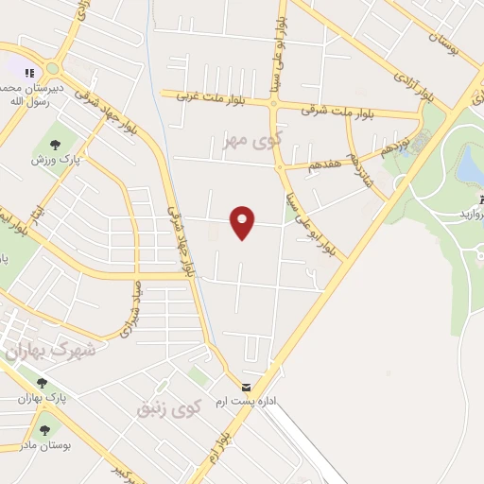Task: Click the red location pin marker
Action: (243, 220)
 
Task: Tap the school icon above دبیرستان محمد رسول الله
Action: (29, 72)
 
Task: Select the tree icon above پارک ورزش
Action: (52, 145)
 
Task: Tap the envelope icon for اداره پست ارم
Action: (247, 388)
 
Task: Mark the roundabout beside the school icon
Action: (53, 68)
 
